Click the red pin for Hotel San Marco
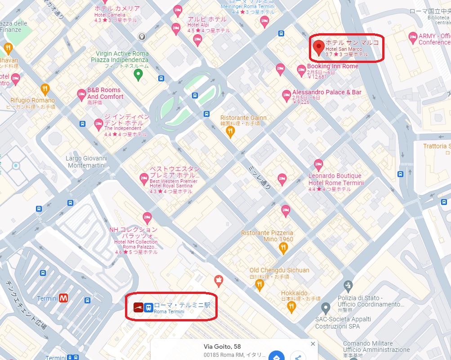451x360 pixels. (x=319, y=47)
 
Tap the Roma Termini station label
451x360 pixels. (x=182, y=305)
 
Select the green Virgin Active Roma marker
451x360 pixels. (x=138, y=74)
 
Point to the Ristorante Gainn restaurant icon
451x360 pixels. (x=230, y=131)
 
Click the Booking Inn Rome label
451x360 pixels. (x=333, y=66)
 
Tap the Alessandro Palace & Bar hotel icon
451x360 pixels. (x=286, y=95)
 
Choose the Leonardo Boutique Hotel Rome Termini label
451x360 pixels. (x=335, y=179)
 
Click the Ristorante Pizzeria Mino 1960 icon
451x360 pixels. (x=283, y=249)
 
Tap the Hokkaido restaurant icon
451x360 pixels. (x=291, y=307)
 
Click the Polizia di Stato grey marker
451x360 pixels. (x=348, y=285)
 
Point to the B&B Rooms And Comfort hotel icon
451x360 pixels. (x=81, y=94)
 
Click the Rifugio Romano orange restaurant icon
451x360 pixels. (x=45, y=89)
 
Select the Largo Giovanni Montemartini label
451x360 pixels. (x=87, y=162)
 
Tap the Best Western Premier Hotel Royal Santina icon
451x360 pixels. (x=144, y=178)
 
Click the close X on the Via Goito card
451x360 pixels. (x=313, y=344)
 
